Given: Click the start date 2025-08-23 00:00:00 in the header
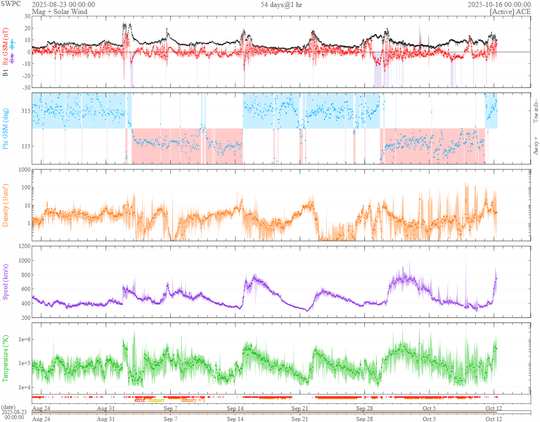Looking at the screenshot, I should (x=63, y=4).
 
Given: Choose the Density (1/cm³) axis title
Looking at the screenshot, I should (x=6, y=205).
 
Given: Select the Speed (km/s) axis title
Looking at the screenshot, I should (x=6, y=282).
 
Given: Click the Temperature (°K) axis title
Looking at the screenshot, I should (x=6, y=358).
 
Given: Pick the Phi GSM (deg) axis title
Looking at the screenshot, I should (x=6, y=128).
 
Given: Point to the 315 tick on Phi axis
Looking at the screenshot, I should (x=24, y=111).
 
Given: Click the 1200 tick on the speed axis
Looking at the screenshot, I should (x=23, y=246).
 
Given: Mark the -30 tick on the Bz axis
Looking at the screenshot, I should (x=25, y=87).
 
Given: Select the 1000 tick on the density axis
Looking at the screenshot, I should (x=23, y=170).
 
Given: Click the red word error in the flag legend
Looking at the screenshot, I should (x=140, y=400).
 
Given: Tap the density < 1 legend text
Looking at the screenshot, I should (x=193, y=400).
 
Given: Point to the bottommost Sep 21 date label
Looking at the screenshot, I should (x=299, y=419).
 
